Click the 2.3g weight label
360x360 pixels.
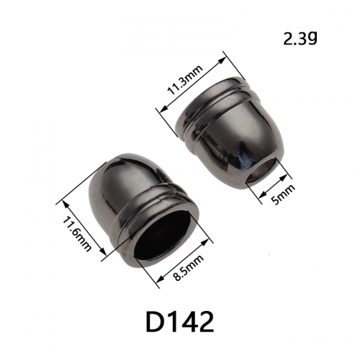pyautogui.click(x=300, y=39)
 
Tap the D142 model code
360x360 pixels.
pyautogui.click(x=180, y=322)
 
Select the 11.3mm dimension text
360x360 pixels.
pyautogui.click(x=186, y=80)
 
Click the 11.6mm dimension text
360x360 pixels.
pyautogui.click(x=77, y=234)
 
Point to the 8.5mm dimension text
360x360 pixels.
pyautogui.click(x=189, y=268)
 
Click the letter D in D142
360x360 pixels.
pyautogui.click(x=154, y=322)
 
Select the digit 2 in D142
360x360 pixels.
pyautogui.click(x=205, y=322)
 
